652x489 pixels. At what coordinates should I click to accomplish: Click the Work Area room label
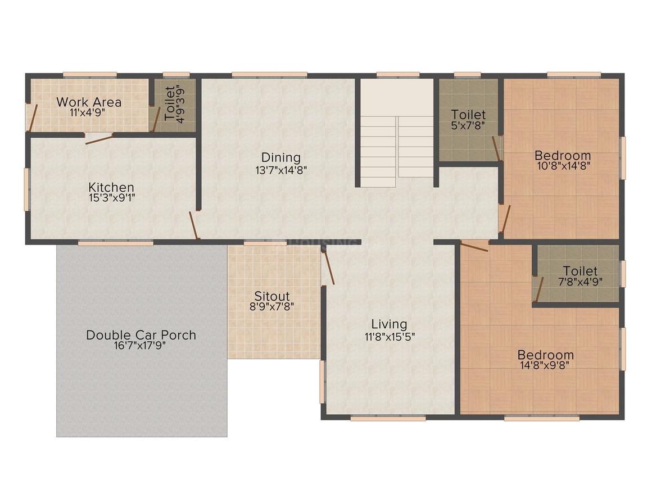click(x=89, y=102)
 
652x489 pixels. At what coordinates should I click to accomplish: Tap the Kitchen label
click(x=111, y=187)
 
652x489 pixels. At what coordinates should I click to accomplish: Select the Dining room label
click(x=281, y=158)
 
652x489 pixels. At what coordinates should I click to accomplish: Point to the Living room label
click(x=389, y=324)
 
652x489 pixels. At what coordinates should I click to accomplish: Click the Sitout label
click(x=272, y=296)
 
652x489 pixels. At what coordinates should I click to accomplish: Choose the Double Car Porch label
click(x=141, y=335)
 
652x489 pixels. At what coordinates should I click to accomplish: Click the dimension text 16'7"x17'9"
click(x=141, y=346)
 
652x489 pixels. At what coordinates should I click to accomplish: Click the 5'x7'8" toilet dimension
click(x=468, y=125)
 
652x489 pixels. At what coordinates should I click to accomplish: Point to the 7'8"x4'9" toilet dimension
click(x=581, y=282)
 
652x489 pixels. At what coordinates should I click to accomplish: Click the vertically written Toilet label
click(x=170, y=103)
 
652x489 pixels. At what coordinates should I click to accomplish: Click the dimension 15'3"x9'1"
click(x=111, y=197)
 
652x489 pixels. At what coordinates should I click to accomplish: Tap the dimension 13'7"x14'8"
click(x=281, y=169)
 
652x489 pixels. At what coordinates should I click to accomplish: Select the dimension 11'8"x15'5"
click(x=389, y=336)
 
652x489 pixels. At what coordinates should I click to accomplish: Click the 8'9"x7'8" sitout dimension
click(x=272, y=306)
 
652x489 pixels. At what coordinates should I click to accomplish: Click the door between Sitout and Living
click(x=328, y=267)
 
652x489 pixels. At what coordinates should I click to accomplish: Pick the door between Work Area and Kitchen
click(x=99, y=138)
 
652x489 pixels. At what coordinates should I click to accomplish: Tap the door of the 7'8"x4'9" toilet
click(x=539, y=289)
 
